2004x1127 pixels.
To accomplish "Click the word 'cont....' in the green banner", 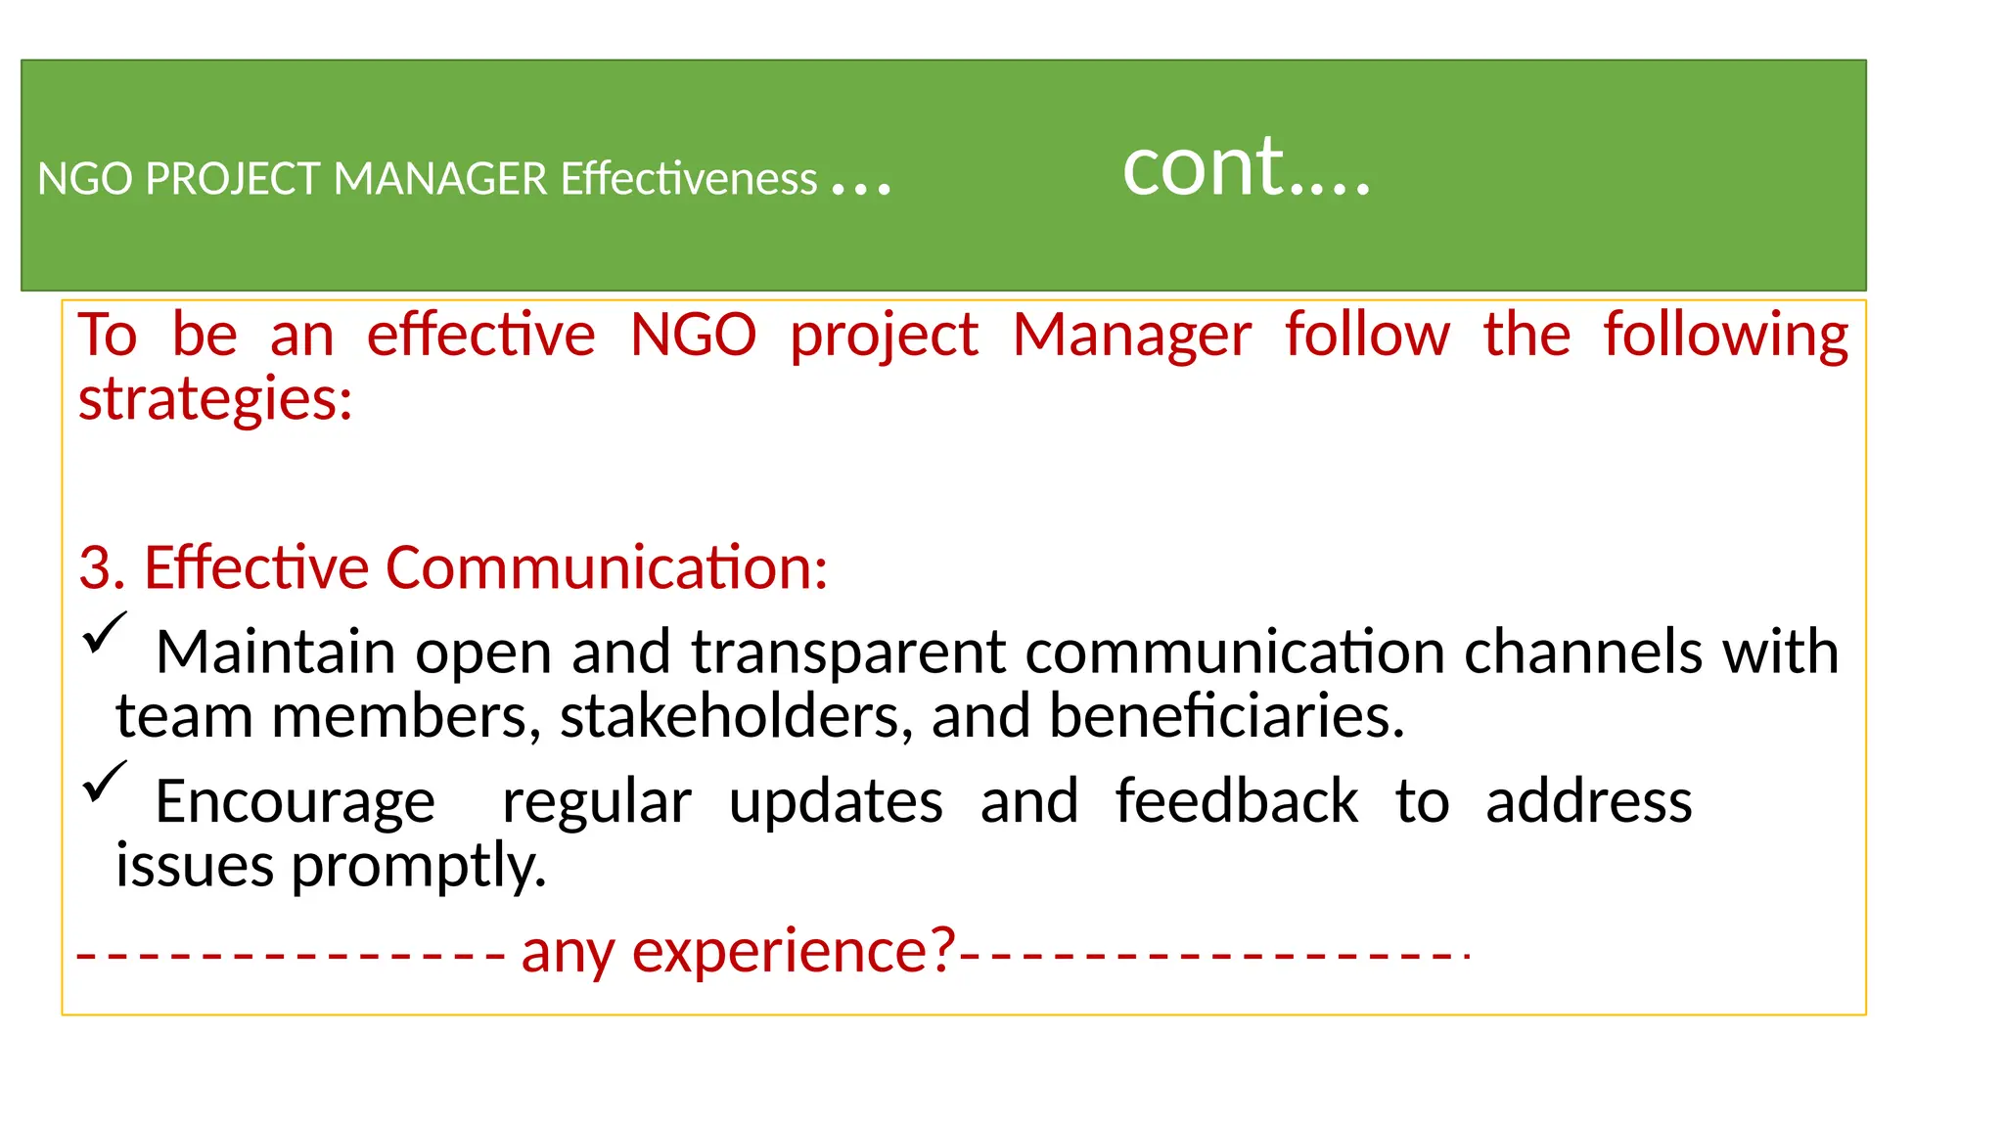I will point(1246,168).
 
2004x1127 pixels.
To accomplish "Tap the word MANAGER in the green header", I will point(440,179).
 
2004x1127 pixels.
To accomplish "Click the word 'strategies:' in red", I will point(215,401).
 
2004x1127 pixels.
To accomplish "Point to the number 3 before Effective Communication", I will point(94,568).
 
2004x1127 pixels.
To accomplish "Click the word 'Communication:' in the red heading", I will point(607,568).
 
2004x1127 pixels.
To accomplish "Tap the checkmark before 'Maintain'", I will point(105,633).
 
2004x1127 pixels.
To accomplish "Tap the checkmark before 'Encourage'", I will point(105,782).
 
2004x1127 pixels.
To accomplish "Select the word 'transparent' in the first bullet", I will point(848,654).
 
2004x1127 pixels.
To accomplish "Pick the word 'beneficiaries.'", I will point(1227,717).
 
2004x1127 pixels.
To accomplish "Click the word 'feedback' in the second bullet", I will point(1236,802).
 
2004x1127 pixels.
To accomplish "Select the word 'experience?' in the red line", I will point(794,951).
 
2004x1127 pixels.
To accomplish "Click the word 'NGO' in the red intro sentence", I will point(693,336).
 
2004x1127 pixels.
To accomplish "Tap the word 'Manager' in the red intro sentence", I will point(1131,336).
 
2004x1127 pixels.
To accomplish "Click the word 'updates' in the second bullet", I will point(836,802).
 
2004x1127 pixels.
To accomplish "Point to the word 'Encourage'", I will point(295,802).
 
